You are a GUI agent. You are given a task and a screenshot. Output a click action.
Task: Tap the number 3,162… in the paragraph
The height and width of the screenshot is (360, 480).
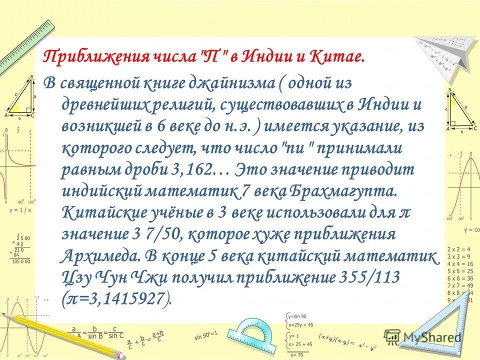[199, 169]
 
